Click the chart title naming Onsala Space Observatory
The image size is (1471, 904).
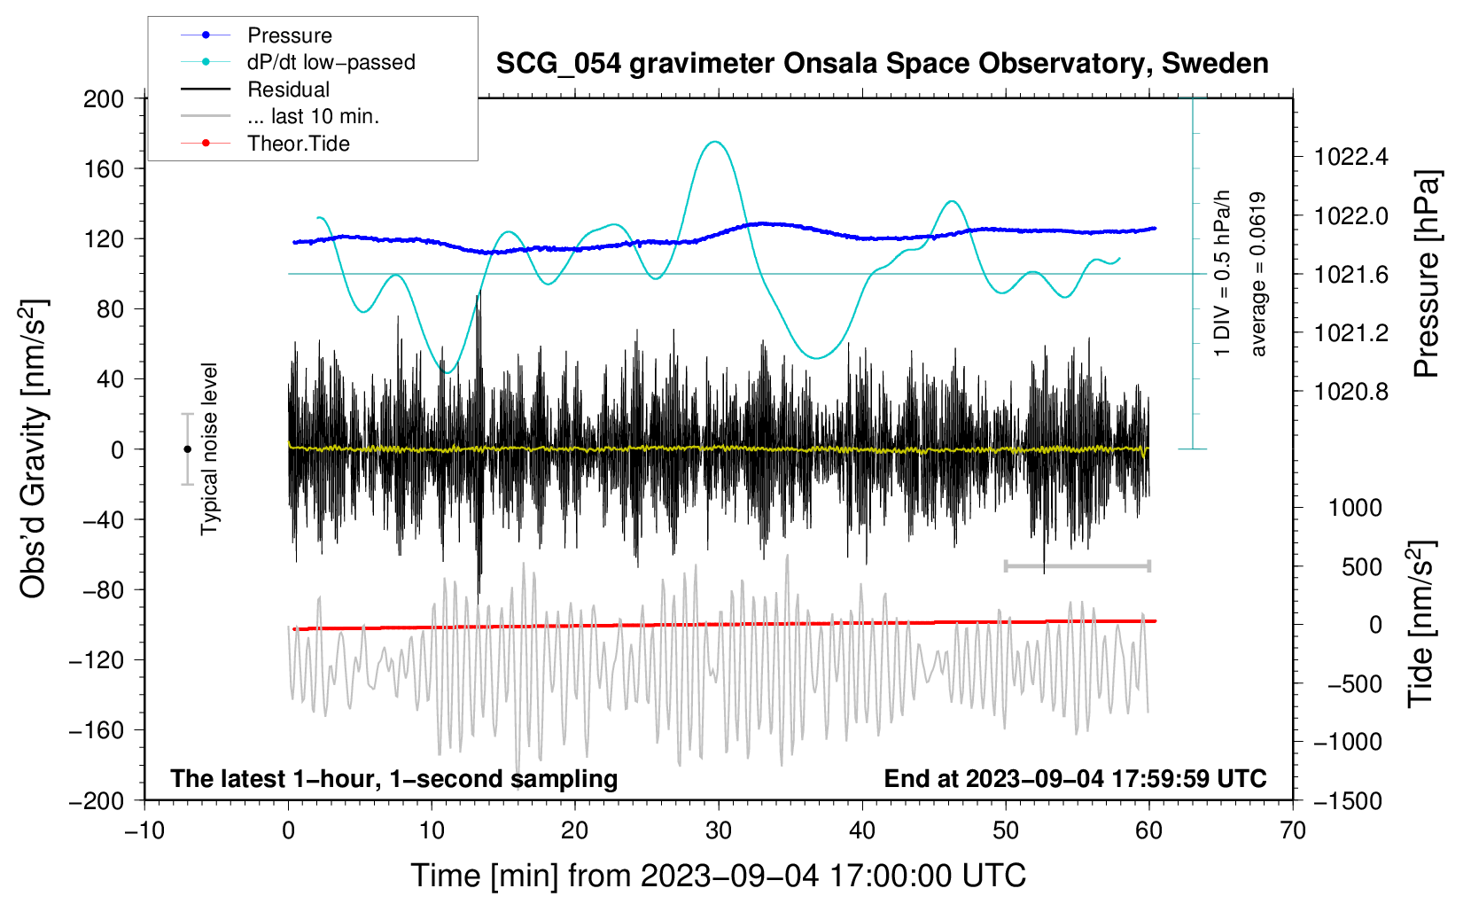(x=882, y=64)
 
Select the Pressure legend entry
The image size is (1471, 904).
(x=289, y=35)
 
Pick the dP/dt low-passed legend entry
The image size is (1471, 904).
(x=331, y=62)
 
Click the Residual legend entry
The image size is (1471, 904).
(x=288, y=90)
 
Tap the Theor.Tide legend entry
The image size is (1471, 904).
(x=298, y=144)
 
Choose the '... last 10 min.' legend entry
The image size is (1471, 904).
(x=313, y=116)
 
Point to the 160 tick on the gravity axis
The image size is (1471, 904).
(x=104, y=168)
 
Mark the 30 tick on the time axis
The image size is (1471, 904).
(x=719, y=830)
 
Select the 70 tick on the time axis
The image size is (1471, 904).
(x=1293, y=830)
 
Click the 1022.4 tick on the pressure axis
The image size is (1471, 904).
(x=1351, y=158)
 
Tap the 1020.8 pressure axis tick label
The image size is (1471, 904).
(x=1351, y=392)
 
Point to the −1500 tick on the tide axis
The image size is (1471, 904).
(x=1348, y=800)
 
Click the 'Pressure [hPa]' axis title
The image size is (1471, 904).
(x=1426, y=275)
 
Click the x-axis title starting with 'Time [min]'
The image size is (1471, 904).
(x=719, y=876)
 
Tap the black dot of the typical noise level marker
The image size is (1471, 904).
(x=187, y=449)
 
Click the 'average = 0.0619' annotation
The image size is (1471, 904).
(x=1258, y=275)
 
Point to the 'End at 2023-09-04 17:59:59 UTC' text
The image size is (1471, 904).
(x=1075, y=779)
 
